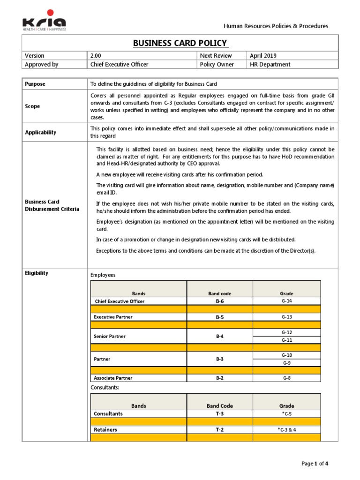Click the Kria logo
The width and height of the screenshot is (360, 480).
point(45,22)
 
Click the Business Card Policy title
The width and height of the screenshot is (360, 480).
point(180,43)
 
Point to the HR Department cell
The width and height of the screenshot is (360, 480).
point(270,65)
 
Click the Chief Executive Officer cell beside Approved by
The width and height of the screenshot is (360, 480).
point(119,65)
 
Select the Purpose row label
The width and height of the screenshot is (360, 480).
point(35,84)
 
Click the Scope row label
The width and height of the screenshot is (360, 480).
point(32,106)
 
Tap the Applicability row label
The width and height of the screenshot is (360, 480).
point(40,133)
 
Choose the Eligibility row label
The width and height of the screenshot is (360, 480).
point(36,273)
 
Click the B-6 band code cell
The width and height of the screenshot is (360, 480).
point(219,301)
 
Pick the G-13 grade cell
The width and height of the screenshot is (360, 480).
point(286,317)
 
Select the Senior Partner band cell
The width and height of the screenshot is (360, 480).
point(110,337)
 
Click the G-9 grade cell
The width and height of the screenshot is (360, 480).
point(286,363)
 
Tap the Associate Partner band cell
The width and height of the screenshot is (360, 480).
point(113,378)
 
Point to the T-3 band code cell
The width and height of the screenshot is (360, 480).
point(219,414)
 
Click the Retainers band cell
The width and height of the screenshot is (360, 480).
point(105,429)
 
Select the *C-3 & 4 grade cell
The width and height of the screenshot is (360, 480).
point(286,429)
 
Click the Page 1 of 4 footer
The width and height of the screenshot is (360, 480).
point(315,464)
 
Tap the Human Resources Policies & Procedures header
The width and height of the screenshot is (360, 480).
point(276,26)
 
